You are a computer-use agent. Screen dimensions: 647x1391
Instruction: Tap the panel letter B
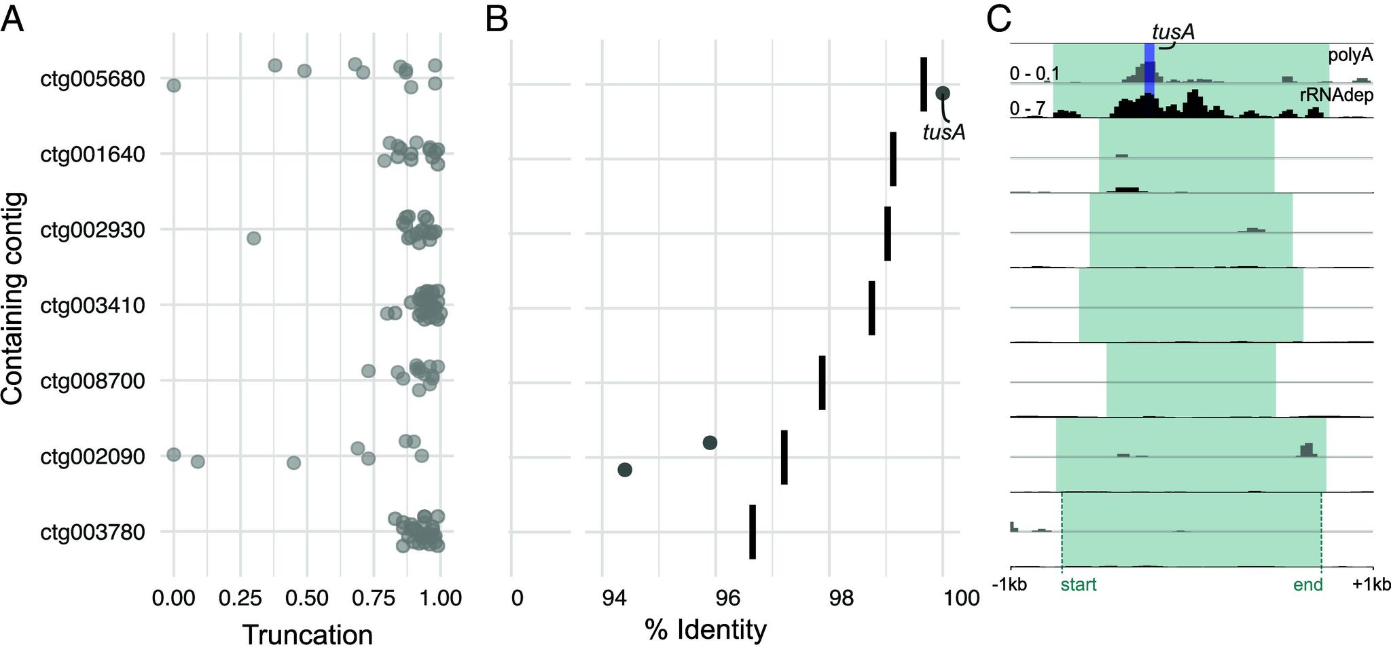tap(497, 20)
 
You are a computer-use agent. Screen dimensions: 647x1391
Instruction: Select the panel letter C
tap(998, 20)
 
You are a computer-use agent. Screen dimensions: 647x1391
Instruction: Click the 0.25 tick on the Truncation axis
tap(239, 598)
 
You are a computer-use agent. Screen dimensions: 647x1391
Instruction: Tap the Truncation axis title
tap(307, 635)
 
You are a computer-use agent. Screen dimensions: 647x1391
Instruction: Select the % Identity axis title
tap(705, 630)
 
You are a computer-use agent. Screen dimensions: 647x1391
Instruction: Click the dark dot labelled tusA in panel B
tap(943, 93)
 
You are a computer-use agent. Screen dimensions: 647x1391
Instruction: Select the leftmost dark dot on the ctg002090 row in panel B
tap(625, 469)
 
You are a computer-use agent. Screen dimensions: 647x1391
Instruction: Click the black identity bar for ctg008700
tap(822, 382)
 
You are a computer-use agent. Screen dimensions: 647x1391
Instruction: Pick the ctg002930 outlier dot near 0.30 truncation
tap(253, 238)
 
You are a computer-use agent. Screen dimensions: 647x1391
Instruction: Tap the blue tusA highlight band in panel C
tap(1149, 68)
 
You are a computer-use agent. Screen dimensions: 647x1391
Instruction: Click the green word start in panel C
tap(1078, 585)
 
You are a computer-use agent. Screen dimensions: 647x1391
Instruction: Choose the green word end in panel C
tap(1309, 585)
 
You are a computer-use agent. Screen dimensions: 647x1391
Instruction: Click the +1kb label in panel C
tap(1372, 585)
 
